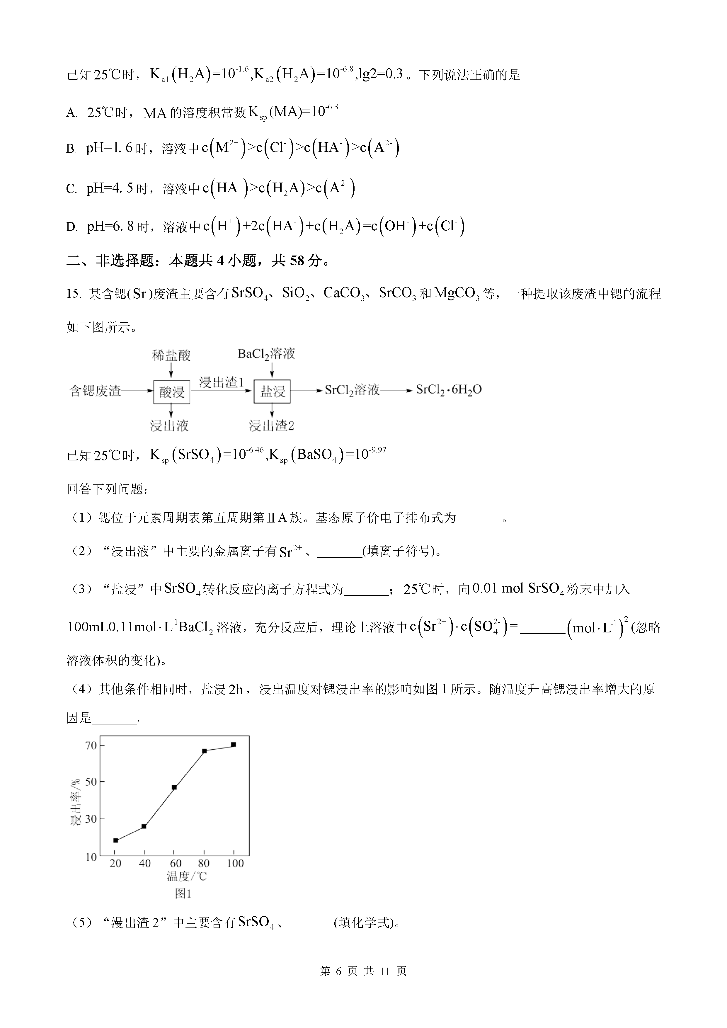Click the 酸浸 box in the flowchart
pyautogui.click(x=172, y=392)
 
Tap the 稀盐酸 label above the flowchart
pyautogui.click(x=171, y=355)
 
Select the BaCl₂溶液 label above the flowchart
pyautogui.click(x=266, y=354)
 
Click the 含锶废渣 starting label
pyautogui.click(x=95, y=391)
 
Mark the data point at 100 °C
pyautogui.click(x=233, y=745)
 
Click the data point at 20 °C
pyautogui.click(x=115, y=840)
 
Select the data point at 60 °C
pyautogui.click(x=174, y=787)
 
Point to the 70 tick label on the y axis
pyautogui.click(x=91, y=746)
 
